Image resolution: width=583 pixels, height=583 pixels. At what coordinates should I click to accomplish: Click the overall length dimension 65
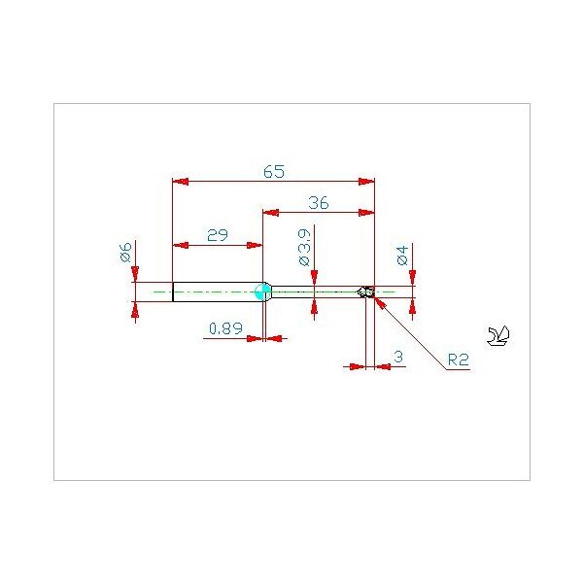[274, 171]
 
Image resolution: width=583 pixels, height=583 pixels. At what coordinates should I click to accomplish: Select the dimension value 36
[319, 203]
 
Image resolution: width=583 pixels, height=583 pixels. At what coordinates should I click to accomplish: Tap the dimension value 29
[218, 235]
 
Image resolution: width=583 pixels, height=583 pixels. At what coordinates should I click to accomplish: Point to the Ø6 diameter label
[126, 253]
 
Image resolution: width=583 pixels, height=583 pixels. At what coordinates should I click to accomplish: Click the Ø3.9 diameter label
[304, 247]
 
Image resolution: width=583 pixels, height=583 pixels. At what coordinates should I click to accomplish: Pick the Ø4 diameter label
[402, 255]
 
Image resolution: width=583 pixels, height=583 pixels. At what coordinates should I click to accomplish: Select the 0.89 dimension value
[225, 328]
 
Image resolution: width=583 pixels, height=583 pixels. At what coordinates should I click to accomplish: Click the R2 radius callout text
[458, 360]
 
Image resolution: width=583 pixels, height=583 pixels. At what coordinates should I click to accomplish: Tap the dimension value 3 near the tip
[398, 357]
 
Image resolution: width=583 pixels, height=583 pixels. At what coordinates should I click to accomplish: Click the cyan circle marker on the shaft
[263, 291]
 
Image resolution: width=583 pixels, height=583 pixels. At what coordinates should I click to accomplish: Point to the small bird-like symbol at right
[498, 336]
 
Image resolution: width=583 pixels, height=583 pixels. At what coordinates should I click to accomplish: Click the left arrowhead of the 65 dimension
[181, 182]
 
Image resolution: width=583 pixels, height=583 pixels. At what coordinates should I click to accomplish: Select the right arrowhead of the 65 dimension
[366, 182]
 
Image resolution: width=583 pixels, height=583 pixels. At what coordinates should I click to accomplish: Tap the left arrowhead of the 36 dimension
[271, 213]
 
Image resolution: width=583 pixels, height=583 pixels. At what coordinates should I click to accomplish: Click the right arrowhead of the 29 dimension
[255, 246]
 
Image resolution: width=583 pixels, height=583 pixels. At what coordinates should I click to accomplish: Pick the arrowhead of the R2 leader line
[380, 302]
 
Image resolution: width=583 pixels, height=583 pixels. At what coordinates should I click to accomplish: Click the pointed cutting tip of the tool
[359, 291]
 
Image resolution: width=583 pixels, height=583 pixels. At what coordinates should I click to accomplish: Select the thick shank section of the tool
[218, 291]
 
